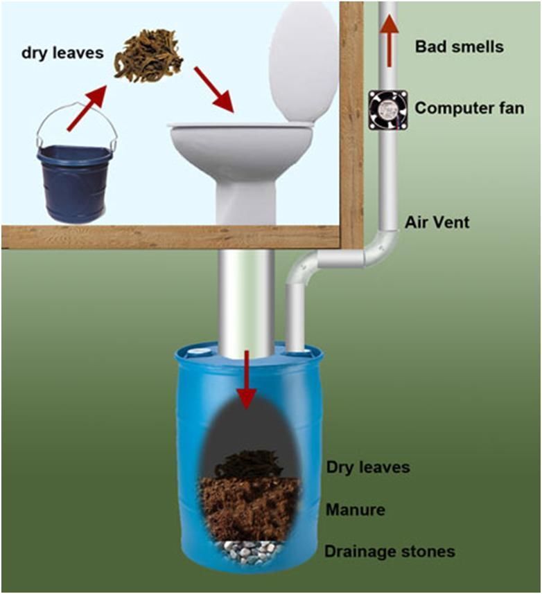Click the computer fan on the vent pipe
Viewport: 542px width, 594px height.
tap(387, 110)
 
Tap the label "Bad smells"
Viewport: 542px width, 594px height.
tap(460, 47)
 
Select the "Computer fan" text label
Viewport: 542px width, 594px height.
tap(469, 108)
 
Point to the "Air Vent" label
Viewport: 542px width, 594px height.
tap(437, 222)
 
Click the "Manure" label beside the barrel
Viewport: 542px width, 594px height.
tap(356, 510)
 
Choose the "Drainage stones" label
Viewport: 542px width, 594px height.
tap(390, 551)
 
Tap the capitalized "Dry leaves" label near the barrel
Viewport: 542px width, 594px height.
tap(368, 467)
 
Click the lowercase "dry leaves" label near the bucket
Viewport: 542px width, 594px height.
tap(62, 53)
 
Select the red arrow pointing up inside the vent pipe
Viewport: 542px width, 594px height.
tap(388, 41)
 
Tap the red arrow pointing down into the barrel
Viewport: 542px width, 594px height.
tap(247, 380)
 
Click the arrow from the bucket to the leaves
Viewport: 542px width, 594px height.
tap(86, 108)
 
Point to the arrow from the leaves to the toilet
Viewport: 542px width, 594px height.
tap(213, 90)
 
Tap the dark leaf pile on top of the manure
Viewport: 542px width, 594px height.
tap(248, 464)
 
